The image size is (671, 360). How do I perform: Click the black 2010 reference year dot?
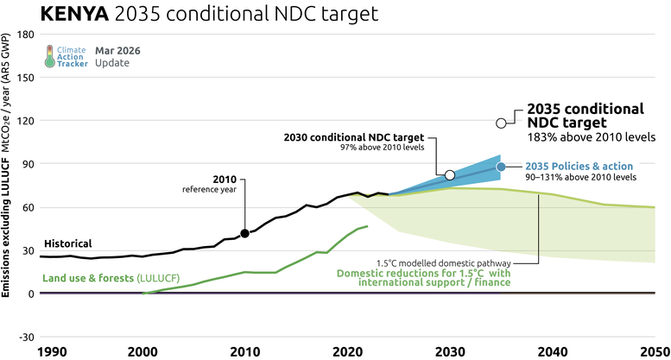[244, 233]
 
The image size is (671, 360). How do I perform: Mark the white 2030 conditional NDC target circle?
[450, 175]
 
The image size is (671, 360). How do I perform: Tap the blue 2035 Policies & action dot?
[501, 167]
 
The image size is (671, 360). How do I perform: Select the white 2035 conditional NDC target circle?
[501, 123]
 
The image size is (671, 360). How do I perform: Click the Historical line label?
[66, 243]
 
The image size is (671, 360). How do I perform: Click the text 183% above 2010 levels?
[592, 137]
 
